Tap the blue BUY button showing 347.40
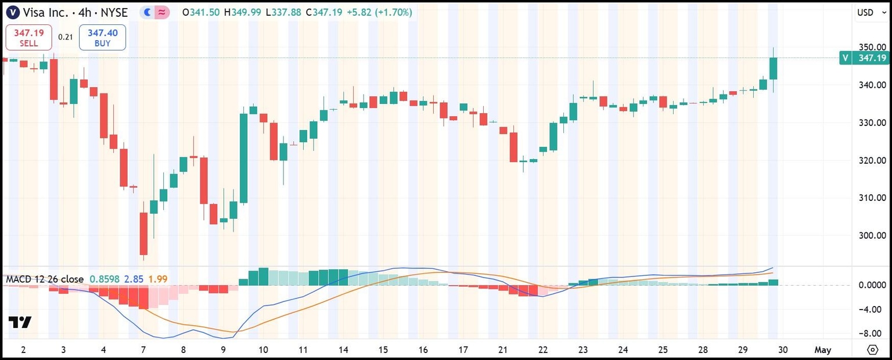[x=102, y=38]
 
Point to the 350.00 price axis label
[x=872, y=47]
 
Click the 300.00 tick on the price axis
[x=872, y=235]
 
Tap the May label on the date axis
[x=822, y=350]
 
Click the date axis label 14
[x=343, y=350]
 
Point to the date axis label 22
[x=543, y=350]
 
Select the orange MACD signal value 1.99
[x=157, y=279]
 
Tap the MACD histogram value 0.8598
[x=104, y=279]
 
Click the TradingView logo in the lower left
[x=20, y=322]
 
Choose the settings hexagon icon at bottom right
[x=872, y=350]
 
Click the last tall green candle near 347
[x=773, y=69]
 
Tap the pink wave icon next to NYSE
[x=163, y=12]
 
